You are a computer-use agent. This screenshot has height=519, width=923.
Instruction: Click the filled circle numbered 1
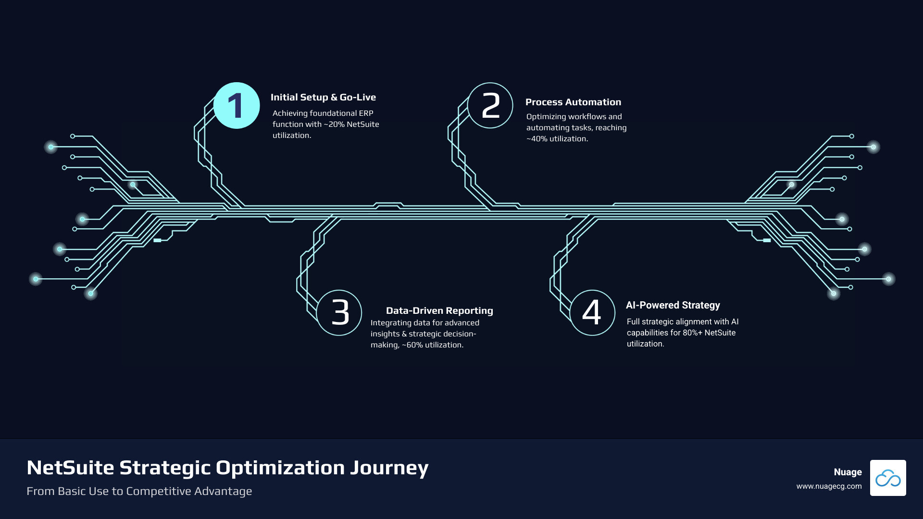(237, 106)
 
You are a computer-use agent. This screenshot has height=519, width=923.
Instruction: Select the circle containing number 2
(490, 106)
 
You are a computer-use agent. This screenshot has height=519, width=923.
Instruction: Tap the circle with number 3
(339, 312)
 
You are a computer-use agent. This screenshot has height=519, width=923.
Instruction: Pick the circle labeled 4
(592, 312)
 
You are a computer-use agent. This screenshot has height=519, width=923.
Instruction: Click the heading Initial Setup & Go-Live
(323, 97)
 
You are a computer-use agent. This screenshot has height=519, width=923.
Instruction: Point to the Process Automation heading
(573, 102)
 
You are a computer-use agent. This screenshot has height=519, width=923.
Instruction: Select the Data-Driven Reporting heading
(439, 310)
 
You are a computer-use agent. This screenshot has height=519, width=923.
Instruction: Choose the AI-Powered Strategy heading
(673, 305)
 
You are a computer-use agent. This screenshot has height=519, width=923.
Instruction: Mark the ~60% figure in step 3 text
(412, 345)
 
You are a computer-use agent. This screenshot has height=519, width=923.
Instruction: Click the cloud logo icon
(888, 478)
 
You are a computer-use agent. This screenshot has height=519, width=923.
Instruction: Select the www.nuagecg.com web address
(829, 486)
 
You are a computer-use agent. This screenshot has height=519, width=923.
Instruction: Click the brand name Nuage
(848, 472)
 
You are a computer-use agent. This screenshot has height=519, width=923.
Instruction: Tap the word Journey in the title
(389, 468)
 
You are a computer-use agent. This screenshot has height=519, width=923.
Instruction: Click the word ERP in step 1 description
(366, 113)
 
